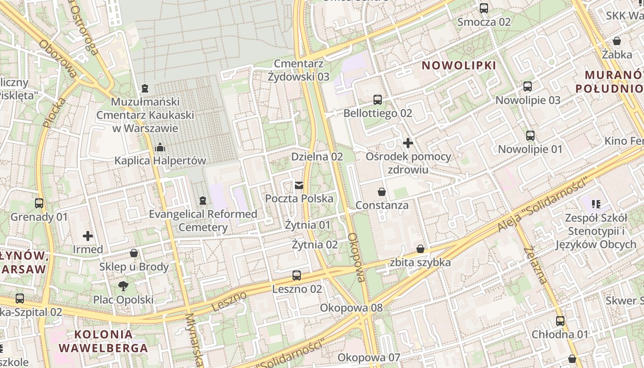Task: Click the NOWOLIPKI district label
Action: click(x=459, y=65)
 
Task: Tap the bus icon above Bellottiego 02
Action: click(x=378, y=99)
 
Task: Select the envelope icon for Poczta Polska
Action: click(x=299, y=185)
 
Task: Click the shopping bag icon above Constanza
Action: click(x=381, y=191)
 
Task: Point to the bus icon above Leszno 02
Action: click(x=297, y=276)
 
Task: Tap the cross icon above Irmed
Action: click(x=88, y=236)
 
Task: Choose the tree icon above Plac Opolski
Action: click(x=123, y=286)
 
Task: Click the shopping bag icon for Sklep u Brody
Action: click(x=134, y=253)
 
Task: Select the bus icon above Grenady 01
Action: click(x=39, y=203)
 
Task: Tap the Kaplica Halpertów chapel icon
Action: click(x=160, y=147)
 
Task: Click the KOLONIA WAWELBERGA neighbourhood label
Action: click(x=103, y=341)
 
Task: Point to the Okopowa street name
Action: click(x=356, y=257)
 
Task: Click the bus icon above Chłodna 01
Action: click(x=560, y=321)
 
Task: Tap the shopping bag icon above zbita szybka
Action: click(x=420, y=249)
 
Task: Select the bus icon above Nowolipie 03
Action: click(x=528, y=86)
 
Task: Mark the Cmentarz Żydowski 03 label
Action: click(x=299, y=70)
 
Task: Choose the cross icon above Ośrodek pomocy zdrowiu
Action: click(x=408, y=143)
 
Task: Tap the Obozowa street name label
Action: click(x=59, y=58)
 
